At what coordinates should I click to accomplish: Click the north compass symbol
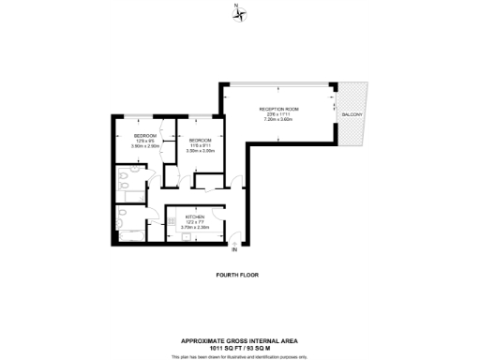[x=238, y=11]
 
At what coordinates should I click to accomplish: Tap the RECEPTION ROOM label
[x=277, y=109]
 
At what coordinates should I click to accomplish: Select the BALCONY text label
[x=352, y=114]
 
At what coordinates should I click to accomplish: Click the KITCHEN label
[x=181, y=215]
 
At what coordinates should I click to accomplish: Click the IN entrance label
[x=234, y=250]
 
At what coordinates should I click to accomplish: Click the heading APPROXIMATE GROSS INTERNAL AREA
[x=239, y=339]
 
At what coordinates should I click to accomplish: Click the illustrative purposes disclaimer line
[x=239, y=354]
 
